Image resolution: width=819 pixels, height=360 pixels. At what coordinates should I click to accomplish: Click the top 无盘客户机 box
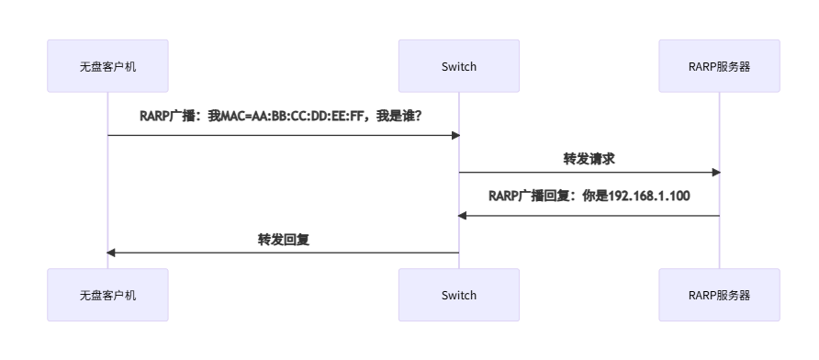click(107, 65)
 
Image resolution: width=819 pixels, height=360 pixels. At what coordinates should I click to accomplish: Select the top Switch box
click(459, 65)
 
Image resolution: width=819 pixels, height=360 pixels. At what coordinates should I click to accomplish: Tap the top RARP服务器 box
click(719, 65)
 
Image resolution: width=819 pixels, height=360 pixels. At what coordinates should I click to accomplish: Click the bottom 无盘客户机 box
click(107, 295)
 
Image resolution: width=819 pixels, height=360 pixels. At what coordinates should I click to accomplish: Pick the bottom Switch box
click(459, 295)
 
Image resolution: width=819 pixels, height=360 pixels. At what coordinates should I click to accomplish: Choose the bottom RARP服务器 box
click(719, 295)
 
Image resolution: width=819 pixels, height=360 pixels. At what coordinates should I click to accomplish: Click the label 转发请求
click(589, 158)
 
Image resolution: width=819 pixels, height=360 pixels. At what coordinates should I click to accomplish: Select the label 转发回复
click(283, 239)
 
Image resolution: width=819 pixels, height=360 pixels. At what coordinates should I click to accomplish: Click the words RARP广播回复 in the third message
click(530, 196)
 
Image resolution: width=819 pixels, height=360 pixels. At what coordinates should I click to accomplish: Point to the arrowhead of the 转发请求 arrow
click(715, 172)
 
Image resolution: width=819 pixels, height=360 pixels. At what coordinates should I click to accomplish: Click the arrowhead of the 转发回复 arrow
click(112, 253)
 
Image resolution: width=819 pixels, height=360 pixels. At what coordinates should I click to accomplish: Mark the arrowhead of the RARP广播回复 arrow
click(464, 216)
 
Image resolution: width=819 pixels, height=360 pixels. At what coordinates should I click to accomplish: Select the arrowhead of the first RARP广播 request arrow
click(454, 135)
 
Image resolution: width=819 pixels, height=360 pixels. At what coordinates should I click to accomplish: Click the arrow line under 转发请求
click(589, 172)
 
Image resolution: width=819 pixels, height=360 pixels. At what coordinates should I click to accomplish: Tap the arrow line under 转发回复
click(283, 253)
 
